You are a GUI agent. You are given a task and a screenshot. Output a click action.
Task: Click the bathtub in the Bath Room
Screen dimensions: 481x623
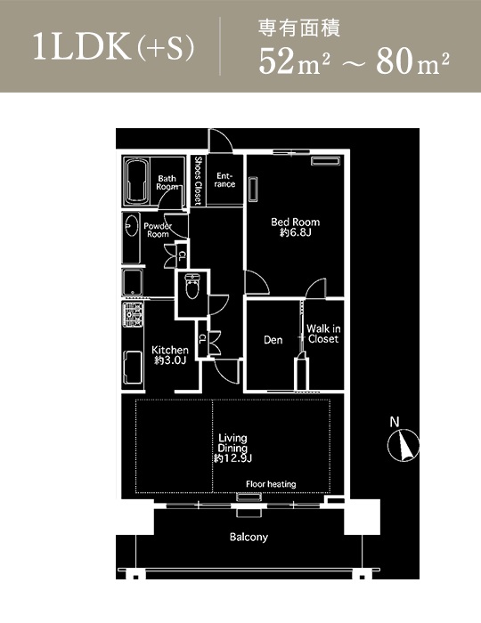(137, 182)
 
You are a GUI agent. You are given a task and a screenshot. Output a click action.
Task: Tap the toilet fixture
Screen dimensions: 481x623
(192, 286)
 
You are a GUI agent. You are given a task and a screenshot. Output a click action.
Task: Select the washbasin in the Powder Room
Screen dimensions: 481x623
(130, 226)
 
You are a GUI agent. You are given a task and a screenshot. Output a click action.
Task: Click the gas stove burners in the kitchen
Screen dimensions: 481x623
(133, 314)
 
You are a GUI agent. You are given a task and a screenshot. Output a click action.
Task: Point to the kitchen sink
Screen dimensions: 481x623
(133, 367)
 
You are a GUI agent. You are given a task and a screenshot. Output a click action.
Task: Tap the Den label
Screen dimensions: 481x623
(273, 340)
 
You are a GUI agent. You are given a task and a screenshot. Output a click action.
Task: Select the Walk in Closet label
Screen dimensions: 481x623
(323, 334)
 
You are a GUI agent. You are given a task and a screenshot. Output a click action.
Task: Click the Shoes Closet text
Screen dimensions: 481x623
(198, 181)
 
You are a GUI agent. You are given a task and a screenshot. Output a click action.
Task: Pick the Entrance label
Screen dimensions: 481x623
(224, 180)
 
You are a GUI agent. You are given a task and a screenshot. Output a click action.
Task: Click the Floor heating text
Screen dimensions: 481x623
(271, 484)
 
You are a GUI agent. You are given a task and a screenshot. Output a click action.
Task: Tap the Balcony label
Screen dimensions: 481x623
(249, 538)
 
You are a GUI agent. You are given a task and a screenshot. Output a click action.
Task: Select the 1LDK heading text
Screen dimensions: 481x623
(82, 47)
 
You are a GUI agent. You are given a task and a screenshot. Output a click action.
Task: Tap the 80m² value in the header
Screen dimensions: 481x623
(412, 61)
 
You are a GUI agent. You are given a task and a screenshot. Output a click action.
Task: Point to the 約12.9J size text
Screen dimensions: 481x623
(233, 458)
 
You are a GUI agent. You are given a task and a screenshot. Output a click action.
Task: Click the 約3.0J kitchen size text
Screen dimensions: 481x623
(170, 360)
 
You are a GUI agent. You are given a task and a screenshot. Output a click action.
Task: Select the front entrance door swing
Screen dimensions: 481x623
(221, 140)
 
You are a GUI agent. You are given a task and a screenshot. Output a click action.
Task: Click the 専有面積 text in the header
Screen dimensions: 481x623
(299, 28)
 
